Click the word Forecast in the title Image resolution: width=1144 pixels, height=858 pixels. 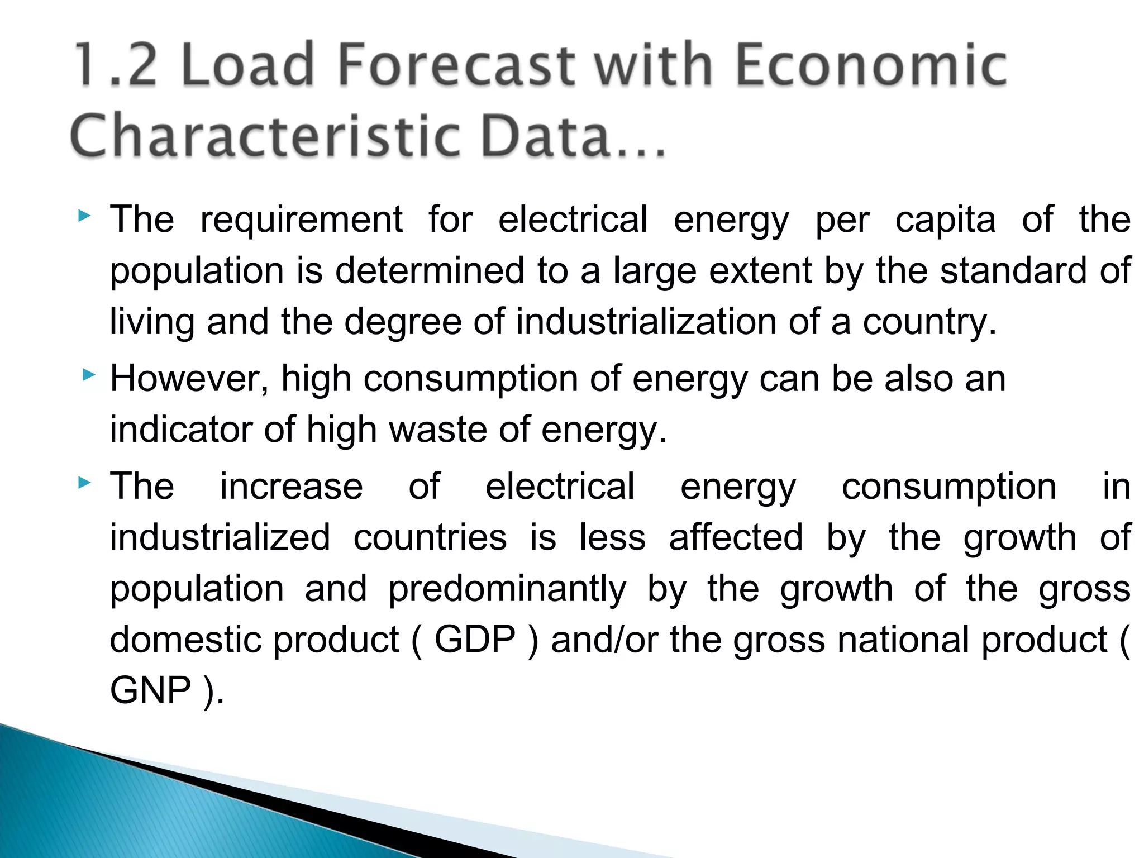click(456, 65)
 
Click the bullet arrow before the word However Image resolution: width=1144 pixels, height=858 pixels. click(88, 375)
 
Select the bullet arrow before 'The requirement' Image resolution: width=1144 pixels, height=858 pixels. click(84, 215)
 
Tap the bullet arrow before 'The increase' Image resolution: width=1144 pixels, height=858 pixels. click(84, 482)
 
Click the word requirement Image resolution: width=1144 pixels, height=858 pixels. click(302, 220)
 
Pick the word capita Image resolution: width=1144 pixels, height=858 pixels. click(945, 220)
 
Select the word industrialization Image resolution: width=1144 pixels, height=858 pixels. click(646, 322)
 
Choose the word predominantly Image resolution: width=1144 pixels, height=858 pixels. click(507, 589)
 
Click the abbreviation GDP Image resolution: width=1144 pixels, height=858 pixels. click(475, 640)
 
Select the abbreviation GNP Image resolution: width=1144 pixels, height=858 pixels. click(151, 690)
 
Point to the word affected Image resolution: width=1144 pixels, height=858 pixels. click(736, 538)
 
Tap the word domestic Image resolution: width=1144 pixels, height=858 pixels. click(184, 640)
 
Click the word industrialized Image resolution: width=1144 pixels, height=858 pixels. click(220, 538)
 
